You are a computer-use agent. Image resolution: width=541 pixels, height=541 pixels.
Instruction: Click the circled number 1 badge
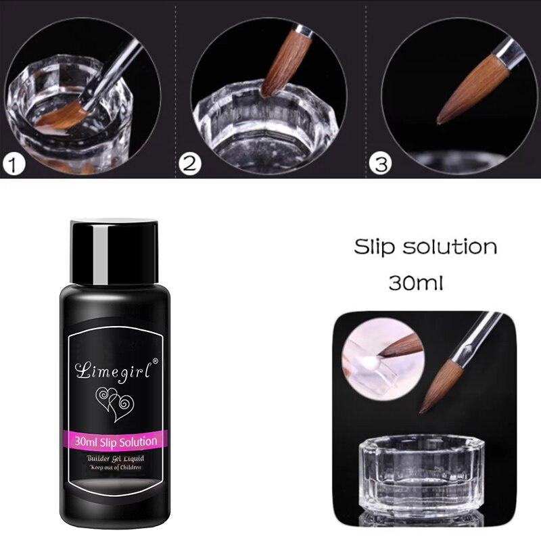pyautogui.click(x=14, y=164)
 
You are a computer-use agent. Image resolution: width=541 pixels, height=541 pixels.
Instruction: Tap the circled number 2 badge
pyautogui.click(x=190, y=164)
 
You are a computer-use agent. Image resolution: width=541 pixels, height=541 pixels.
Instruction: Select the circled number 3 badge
pyautogui.click(x=381, y=164)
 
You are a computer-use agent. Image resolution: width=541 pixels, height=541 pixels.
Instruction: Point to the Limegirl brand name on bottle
pyautogui.click(x=114, y=370)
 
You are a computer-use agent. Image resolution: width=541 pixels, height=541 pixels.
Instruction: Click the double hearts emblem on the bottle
pyautogui.click(x=114, y=404)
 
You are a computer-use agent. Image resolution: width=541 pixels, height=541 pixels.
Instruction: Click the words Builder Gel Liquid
pyautogui.click(x=115, y=458)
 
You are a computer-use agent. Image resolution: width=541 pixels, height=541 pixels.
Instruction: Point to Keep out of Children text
pyautogui.click(x=116, y=467)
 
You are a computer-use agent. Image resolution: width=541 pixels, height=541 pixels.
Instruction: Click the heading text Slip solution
pyautogui.click(x=425, y=247)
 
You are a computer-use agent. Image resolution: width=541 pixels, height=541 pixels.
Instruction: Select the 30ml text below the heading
pyautogui.click(x=415, y=283)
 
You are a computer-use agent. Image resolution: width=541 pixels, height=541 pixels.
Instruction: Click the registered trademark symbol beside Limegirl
pyautogui.click(x=156, y=361)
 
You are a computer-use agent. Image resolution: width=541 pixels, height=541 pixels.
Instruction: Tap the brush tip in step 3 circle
pyautogui.click(x=439, y=122)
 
